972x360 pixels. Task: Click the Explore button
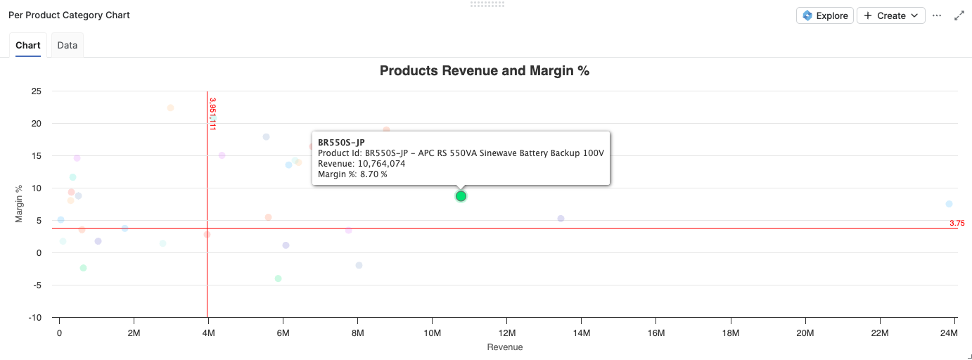pyautogui.click(x=825, y=15)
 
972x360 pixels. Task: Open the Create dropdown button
pyautogui.click(x=890, y=15)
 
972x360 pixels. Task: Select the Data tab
pyautogui.click(x=68, y=45)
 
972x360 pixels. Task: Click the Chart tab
pyautogui.click(x=28, y=45)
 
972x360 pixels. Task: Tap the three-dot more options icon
pyautogui.click(x=937, y=15)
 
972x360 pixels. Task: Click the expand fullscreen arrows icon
pyautogui.click(x=959, y=15)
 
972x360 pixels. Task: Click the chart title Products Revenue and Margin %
pyautogui.click(x=484, y=71)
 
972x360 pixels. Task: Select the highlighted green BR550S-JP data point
pyautogui.click(x=461, y=196)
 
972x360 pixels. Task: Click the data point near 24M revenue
pyautogui.click(x=949, y=204)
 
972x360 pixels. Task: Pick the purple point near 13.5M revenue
pyautogui.click(x=561, y=219)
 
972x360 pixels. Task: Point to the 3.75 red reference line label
pyautogui.click(x=957, y=223)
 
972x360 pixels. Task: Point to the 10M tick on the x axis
pyautogui.click(x=432, y=333)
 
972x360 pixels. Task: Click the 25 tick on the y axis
pyautogui.click(x=36, y=91)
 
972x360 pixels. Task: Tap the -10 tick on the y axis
pyautogui.click(x=34, y=318)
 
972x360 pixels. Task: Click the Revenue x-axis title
pyautogui.click(x=504, y=347)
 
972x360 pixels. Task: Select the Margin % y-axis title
pyautogui.click(x=20, y=204)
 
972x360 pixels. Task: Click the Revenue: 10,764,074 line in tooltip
pyautogui.click(x=362, y=164)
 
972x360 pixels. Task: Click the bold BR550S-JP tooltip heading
pyautogui.click(x=341, y=143)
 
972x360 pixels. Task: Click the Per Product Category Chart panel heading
pyautogui.click(x=69, y=15)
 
